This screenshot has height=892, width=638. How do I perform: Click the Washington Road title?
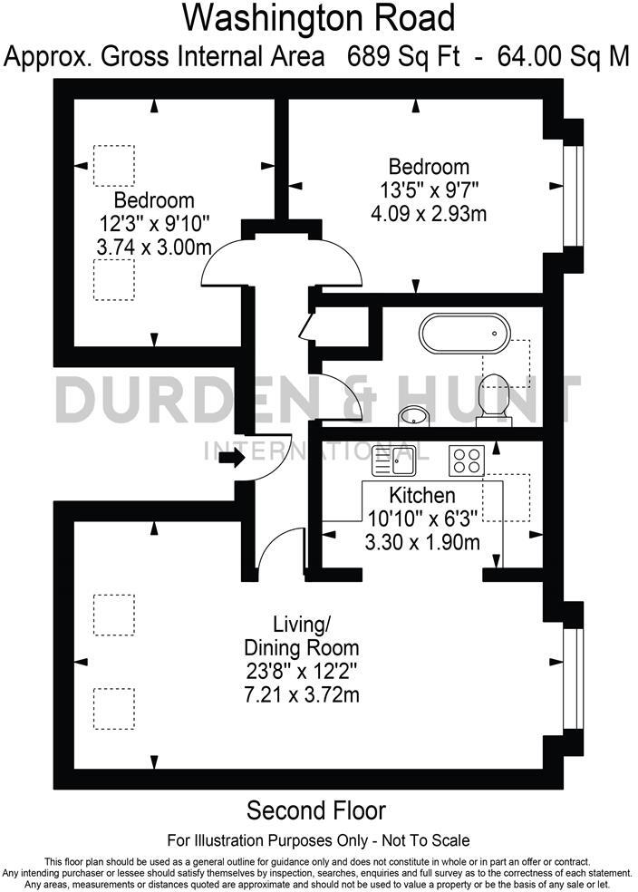(319, 17)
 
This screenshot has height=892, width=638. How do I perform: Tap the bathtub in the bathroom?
(463, 333)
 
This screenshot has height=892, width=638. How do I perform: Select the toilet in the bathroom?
(495, 398)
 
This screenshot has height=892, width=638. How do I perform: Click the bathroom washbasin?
(414, 415)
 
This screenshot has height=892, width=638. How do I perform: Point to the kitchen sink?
(394, 461)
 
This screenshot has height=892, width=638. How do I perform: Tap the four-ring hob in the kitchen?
(469, 461)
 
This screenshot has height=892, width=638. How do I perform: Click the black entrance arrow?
(230, 459)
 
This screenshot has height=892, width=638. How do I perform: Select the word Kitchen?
(421, 496)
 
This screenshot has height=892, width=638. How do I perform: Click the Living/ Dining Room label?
(301, 636)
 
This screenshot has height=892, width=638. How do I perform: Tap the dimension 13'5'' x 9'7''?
(429, 190)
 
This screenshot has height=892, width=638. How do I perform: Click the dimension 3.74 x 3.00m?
(154, 246)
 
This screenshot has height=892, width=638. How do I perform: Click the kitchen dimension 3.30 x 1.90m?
(421, 542)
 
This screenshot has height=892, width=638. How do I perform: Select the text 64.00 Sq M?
(563, 56)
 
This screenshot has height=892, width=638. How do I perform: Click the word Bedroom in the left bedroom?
(154, 200)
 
